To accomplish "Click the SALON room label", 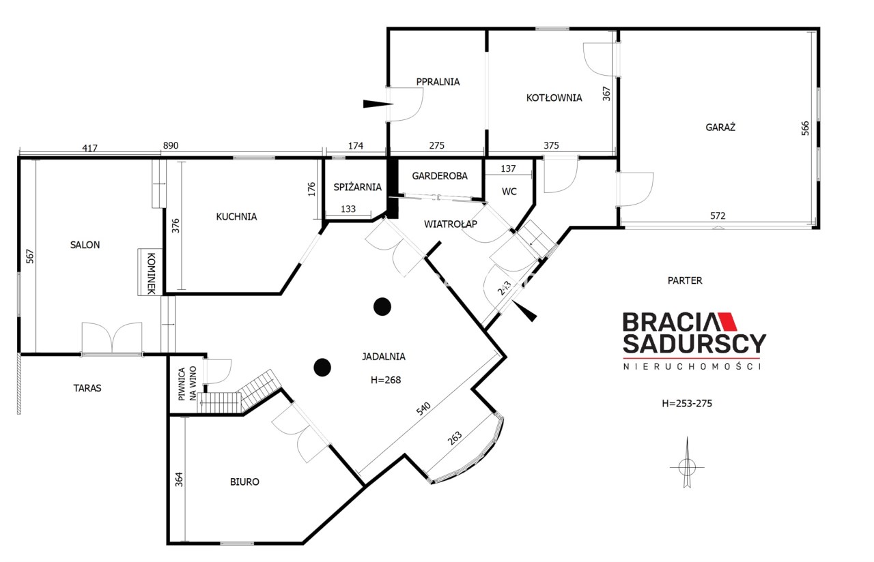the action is [x=85, y=245].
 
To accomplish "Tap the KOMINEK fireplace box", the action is [x=150, y=271].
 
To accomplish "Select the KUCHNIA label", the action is [x=236, y=217].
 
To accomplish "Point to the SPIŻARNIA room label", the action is [x=357, y=187].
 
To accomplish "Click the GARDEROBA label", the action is [x=440, y=176].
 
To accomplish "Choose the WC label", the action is [x=509, y=192].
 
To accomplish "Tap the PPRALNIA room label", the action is [x=438, y=82].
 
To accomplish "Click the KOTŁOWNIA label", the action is [x=554, y=98].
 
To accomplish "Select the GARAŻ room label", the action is [x=720, y=127].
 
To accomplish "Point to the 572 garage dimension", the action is [x=718, y=216].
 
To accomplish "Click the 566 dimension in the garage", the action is [x=805, y=128].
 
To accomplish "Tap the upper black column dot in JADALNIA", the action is [x=382, y=307].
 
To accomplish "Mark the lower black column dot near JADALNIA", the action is [x=322, y=367].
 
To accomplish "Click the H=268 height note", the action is [x=386, y=380].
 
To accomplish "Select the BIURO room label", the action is [x=244, y=482].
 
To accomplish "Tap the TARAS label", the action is [x=87, y=388].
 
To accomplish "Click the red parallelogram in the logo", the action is [x=727, y=321].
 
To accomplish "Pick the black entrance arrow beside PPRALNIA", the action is [x=378, y=104].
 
